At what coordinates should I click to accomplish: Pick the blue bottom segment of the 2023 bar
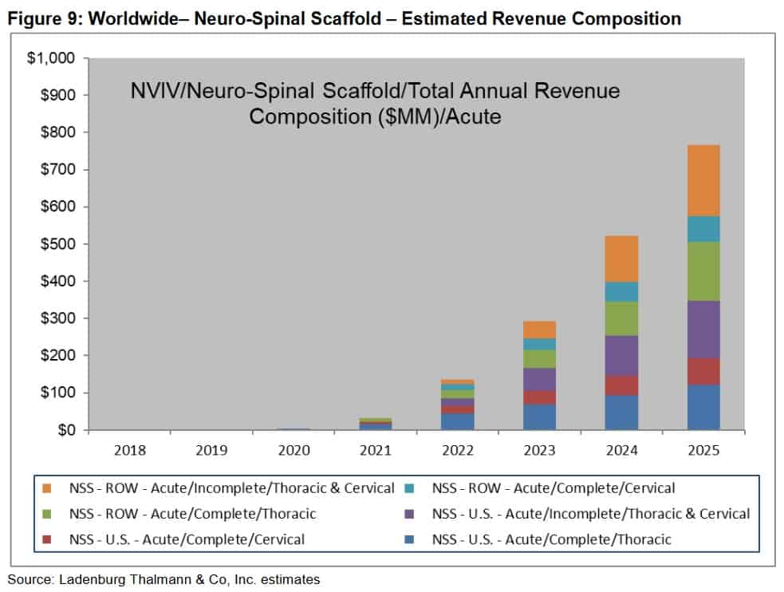(x=540, y=416)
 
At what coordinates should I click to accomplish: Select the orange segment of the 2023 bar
(x=540, y=330)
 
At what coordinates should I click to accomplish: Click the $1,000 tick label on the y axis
(x=52, y=58)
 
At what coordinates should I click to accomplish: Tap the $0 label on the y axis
(x=65, y=430)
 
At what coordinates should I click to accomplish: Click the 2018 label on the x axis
(x=129, y=451)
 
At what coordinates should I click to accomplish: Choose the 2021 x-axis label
(x=375, y=451)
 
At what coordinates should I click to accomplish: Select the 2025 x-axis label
(x=704, y=451)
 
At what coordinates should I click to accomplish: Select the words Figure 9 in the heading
(x=43, y=18)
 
